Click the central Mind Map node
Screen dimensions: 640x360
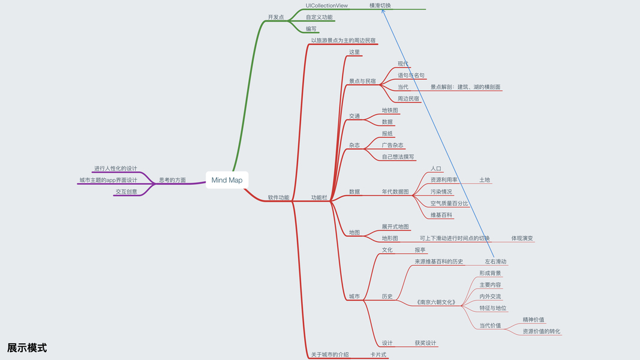coord(227,180)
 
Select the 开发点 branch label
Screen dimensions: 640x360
coord(275,17)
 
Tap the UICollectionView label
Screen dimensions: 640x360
coord(326,5)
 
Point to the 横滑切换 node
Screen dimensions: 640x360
coord(380,5)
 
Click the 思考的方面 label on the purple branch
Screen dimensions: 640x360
coord(172,180)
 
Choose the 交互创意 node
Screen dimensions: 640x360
coord(126,192)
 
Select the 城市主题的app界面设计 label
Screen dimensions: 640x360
coord(108,180)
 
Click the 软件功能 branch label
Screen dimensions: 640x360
coord(278,197)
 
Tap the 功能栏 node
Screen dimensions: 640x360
coord(319,197)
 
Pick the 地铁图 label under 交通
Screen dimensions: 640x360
coord(390,110)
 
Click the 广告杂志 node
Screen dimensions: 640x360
coord(392,145)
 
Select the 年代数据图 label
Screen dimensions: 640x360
coord(395,192)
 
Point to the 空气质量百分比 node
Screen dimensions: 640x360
coord(449,203)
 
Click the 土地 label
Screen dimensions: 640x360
coord(484,180)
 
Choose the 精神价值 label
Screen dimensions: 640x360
coord(533,320)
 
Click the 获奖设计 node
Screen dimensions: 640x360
coord(425,343)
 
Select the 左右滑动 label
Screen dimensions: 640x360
coord(495,262)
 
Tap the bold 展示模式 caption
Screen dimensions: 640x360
coord(27,348)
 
